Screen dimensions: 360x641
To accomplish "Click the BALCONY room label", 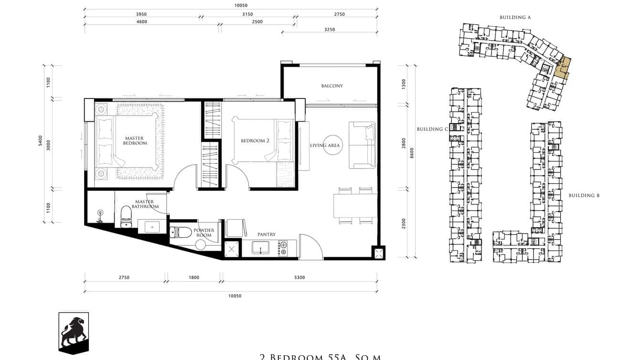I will [331, 86].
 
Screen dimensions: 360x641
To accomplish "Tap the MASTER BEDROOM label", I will [135, 140].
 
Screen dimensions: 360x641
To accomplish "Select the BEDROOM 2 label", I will [255, 141].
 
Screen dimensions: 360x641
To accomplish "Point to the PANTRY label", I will [266, 234].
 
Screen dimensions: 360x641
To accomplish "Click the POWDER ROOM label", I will [203, 233].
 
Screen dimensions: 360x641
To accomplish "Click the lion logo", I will [73, 332].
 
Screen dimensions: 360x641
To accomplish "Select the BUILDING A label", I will [515, 17].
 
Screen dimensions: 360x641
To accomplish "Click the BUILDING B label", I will [584, 195].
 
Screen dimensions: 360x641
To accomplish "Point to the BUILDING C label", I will [432, 129].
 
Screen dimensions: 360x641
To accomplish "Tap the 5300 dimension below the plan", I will [299, 277].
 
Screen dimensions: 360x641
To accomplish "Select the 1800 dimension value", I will [193, 277].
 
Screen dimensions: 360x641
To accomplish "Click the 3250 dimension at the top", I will [329, 30].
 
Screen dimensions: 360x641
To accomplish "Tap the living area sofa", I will [363, 145].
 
